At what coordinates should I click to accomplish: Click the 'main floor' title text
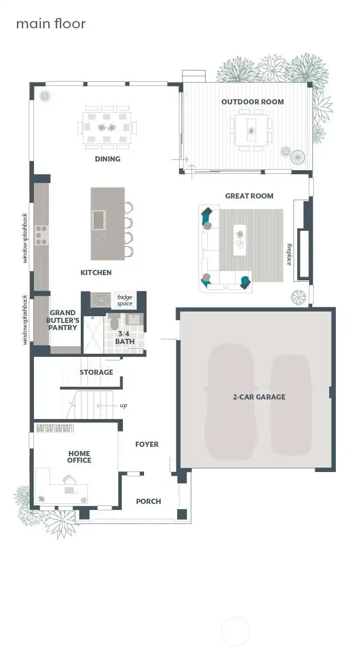[x=50, y=24]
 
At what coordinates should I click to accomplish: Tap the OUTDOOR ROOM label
[x=253, y=102]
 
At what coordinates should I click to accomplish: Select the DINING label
[x=107, y=159]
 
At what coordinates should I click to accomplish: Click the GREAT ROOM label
[x=249, y=196]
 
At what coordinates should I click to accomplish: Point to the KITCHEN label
[x=96, y=273]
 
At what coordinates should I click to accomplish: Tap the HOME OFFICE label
[x=79, y=457]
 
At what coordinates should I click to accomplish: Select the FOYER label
[x=147, y=444]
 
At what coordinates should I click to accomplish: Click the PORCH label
[x=148, y=501]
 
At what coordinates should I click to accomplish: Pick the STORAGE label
[x=96, y=372]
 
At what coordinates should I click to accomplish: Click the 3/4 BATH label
[x=125, y=337]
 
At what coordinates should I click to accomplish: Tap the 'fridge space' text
[x=124, y=300]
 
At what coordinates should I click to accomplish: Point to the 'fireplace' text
[x=289, y=254]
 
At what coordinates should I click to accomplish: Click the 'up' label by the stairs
[x=123, y=406]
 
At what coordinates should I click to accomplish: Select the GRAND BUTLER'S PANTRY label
[x=63, y=320]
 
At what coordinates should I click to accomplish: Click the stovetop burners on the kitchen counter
[x=41, y=234]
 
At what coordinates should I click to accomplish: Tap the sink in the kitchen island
[x=98, y=220]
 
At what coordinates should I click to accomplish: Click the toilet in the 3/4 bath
[x=115, y=323]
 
